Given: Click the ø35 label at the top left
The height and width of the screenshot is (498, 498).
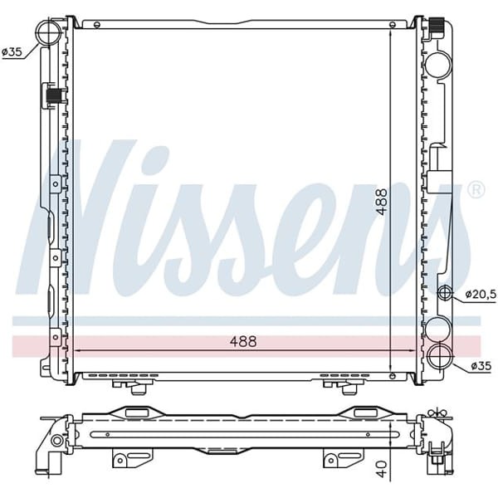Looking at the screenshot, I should tap(12, 51).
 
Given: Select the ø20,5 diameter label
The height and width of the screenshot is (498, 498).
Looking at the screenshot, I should tap(479, 293).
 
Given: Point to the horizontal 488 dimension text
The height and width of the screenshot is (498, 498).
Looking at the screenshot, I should tap(242, 341).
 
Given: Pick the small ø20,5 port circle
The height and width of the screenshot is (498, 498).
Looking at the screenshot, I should tap(446, 293).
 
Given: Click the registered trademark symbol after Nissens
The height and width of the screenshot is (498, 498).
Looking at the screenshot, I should tap(476, 190).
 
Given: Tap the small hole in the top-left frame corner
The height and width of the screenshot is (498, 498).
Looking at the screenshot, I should tap(71, 20).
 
